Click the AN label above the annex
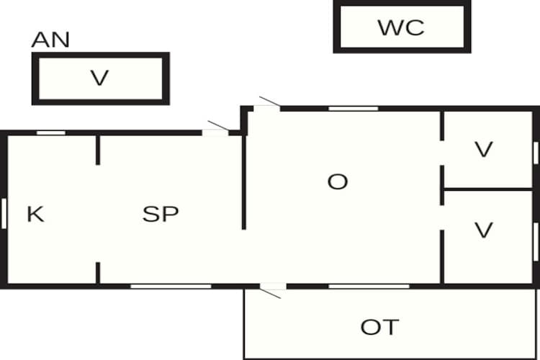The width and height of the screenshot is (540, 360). [50, 40]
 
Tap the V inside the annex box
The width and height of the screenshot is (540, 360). [100, 78]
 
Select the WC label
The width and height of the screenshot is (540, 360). [401, 27]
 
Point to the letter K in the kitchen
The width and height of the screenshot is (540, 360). [35, 214]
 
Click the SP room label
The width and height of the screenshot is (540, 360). [161, 214]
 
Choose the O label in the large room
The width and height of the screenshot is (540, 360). [338, 181]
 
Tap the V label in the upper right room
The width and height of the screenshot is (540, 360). [484, 149]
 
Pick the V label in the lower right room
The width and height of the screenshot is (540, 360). [484, 230]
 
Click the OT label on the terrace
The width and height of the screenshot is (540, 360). [380, 328]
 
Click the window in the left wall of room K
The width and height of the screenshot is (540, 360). [4, 214]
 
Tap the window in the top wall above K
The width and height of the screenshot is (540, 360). [51, 133]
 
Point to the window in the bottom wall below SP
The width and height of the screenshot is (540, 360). [171, 287]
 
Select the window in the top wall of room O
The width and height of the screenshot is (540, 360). [354, 109]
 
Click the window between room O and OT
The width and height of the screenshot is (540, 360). [369, 287]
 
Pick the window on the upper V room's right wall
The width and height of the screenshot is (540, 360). [536, 153]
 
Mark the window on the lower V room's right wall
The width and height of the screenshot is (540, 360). [536, 242]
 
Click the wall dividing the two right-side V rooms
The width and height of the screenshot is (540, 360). [488, 189]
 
